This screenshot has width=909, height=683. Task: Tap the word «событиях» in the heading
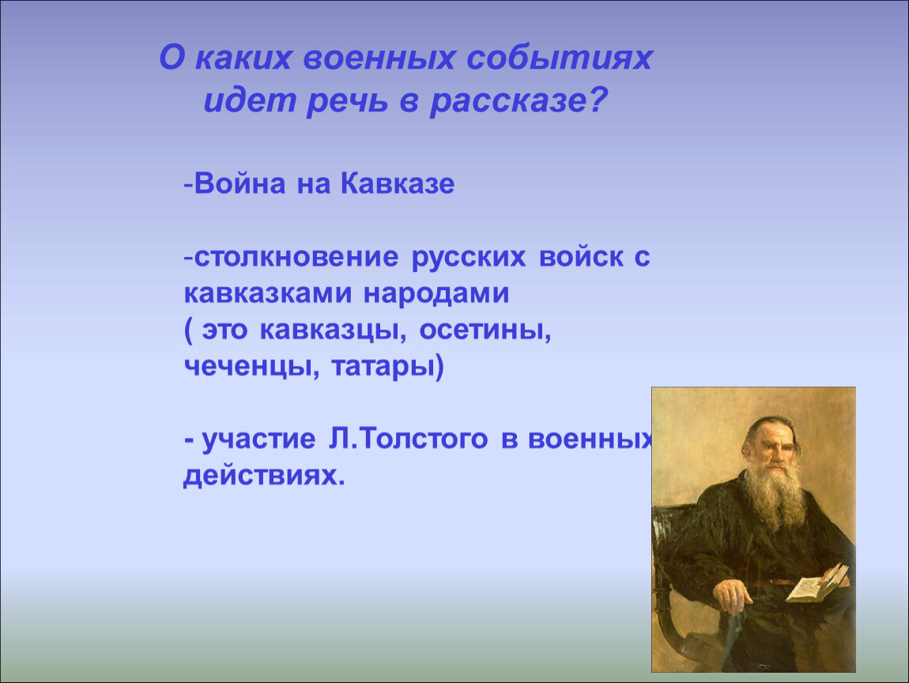(x=560, y=58)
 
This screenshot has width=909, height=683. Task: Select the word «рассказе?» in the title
(x=519, y=100)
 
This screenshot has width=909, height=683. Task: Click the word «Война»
(x=240, y=184)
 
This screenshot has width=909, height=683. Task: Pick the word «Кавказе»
(x=398, y=184)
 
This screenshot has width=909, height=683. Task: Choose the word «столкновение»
(x=296, y=258)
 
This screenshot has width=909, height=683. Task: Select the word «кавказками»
(x=268, y=293)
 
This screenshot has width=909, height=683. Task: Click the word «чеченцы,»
(x=251, y=368)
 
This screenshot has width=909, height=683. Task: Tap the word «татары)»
(x=388, y=368)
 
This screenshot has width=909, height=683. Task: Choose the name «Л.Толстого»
(x=408, y=439)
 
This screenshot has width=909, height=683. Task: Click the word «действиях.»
(x=264, y=476)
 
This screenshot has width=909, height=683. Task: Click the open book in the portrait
(x=817, y=582)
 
